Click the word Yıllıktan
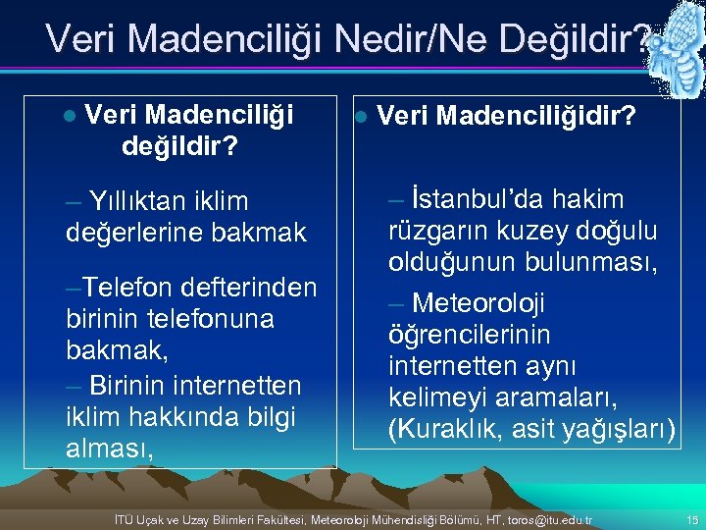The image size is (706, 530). (134, 201)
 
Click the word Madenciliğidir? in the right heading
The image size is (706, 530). (535, 117)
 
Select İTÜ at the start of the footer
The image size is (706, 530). (126, 517)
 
